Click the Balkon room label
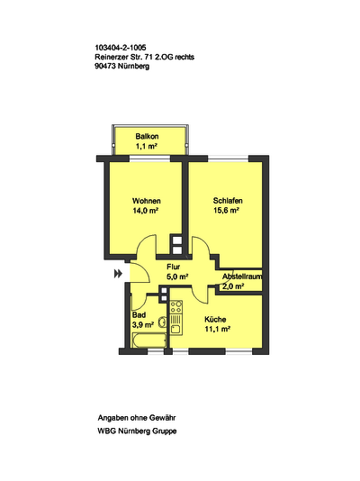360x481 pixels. pyautogui.click(x=147, y=137)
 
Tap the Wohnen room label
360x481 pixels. pyautogui.click(x=147, y=201)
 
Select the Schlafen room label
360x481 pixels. pyautogui.click(x=228, y=201)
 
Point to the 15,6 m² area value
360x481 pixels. pyautogui.click(x=226, y=211)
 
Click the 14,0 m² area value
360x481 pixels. pyautogui.click(x=145, y=211)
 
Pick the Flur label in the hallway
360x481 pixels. pyautogui.click(x=173, y=267)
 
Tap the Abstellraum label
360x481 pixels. pyautogui.click(x=242, y=277)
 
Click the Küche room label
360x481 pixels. pyautogui.click(x=215, y=320)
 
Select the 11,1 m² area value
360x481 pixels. pyautogui.click(x=217, y=329)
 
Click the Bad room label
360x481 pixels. pyautogui.click(x=139, y=315)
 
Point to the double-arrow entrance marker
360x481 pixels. pyautogui.click(x=118, y=273)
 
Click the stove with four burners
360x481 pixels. pyautogui.click(x=176, y=307)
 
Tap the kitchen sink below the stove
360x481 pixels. pyautogui.click(x=175, y=329)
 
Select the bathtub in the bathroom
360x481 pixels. pyautogui.click(x=149, y=340)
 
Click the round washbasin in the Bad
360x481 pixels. pyautogui.click(x=162, y=322)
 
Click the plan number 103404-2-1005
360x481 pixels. pyautogui.click(x=121, y=48)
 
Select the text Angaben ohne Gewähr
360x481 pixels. pyautogui.click(x=137, y=418)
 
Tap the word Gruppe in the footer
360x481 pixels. pyautogui.click(x=165, y=431)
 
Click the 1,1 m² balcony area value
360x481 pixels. pyautogui.click(x=147, y=146)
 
